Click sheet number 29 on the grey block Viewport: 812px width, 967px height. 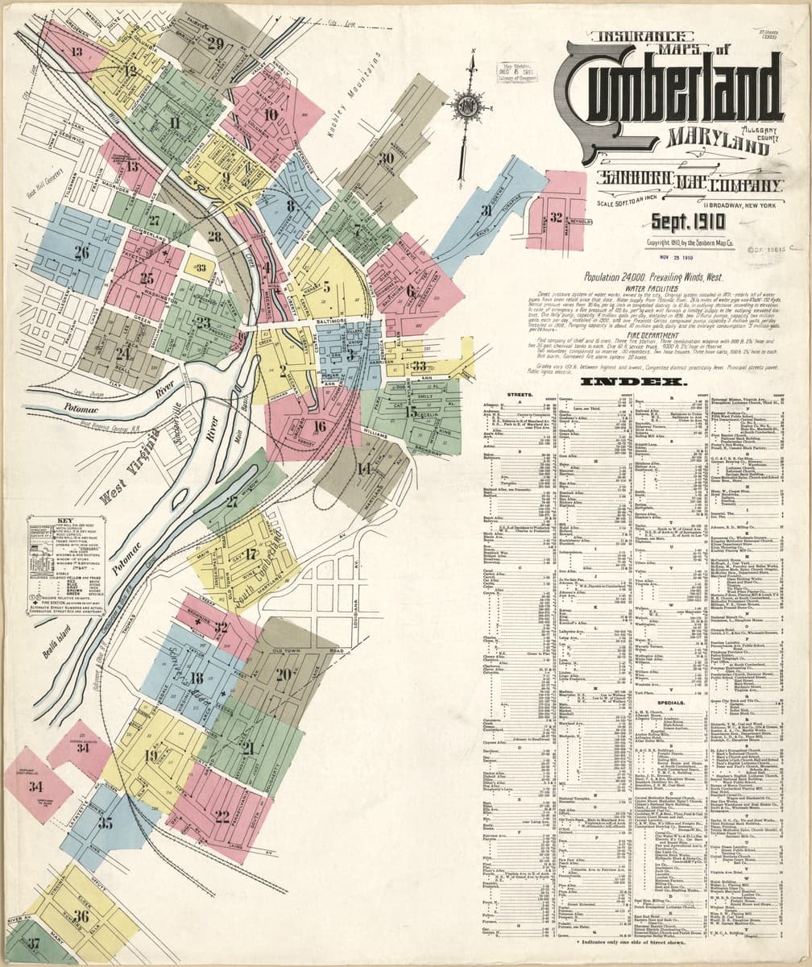pos(214,44)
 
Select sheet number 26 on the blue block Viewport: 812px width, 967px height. pos(81,252)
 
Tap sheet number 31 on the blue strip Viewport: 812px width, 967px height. pos(485,212)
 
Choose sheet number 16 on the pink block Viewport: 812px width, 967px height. pos(320,427)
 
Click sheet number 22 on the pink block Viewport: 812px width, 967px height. pos(223,816)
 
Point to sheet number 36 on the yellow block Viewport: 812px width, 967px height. pos(81,915)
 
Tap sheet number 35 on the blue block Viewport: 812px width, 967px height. pos(106,823)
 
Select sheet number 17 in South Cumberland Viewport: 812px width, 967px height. pos(251,554)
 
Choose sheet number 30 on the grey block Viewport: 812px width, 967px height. pos(387,159)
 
